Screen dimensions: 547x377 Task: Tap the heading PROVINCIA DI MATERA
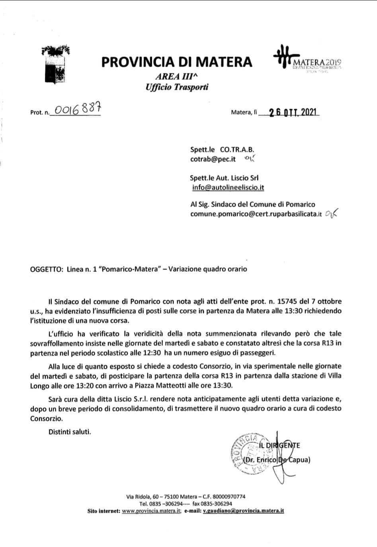[x=177, y=62]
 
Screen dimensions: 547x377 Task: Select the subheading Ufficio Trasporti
[x=177, y=86]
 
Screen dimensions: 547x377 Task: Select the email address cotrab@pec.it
[x=213, y=159]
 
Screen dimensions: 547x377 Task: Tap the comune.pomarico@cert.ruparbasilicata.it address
[x=256, y=214]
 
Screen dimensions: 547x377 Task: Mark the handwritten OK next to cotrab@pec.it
[x=249, y=159]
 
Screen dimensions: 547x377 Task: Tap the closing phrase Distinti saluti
[x=70, y=431]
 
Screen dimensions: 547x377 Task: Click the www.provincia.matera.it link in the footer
[x=152, y=511]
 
